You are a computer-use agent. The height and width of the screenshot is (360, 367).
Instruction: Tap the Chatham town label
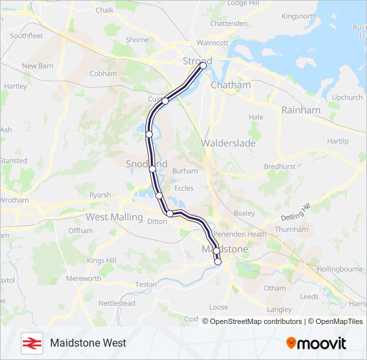[x=230, y=85]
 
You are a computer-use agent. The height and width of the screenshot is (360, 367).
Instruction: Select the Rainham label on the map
[x=300, y=109]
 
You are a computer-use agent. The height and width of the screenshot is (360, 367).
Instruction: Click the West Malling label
[x=114, y=217]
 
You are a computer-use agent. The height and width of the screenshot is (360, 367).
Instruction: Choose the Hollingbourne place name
[x=333, y=269]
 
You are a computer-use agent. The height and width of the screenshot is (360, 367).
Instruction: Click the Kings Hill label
[x=101, y=260]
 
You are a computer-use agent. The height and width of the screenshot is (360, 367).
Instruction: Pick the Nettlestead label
[x=116, y=303]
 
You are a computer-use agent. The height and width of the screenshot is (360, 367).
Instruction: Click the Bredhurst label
[x=279, y=166]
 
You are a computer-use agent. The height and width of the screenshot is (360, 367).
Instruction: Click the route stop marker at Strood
[x=204, y=66]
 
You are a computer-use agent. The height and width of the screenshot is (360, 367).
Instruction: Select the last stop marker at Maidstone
[x=218, y=262]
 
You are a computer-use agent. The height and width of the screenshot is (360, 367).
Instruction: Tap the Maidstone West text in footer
[x=87, y=343]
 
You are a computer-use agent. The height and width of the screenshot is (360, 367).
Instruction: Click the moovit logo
[x=316, y=343]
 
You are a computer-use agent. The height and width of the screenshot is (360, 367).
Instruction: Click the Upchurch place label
[x=347, y=97]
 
